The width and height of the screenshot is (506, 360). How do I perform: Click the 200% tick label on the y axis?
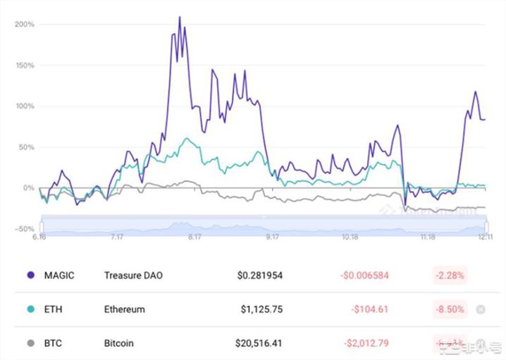[25, 24]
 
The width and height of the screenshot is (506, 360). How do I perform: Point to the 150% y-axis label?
[25, 66]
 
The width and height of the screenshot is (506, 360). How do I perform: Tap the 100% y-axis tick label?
[25, 106]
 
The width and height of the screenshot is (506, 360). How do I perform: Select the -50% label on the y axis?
[24, 229]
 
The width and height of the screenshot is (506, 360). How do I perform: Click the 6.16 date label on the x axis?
[39, 238]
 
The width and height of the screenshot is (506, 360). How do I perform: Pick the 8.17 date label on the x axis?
[195, 238]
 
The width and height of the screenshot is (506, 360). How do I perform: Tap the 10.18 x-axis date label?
[350, 238]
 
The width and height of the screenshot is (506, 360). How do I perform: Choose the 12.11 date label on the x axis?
[483, 238]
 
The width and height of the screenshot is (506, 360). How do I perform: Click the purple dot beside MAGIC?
[30, 275]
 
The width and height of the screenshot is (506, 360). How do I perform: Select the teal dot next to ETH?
[30, 309]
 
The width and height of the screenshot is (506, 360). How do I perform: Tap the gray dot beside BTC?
[30, 344]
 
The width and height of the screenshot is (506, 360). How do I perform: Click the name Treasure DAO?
[132, 275]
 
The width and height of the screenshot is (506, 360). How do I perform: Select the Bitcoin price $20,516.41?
[259, 344]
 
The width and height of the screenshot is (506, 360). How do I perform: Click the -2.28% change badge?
[449, 275]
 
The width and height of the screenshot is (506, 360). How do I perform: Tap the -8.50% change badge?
[449, 309]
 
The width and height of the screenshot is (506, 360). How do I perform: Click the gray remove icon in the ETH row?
[481, 309]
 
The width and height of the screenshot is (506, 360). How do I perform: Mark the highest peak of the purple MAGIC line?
[179, 17]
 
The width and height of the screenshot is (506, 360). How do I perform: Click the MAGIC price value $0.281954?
[259, 275]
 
